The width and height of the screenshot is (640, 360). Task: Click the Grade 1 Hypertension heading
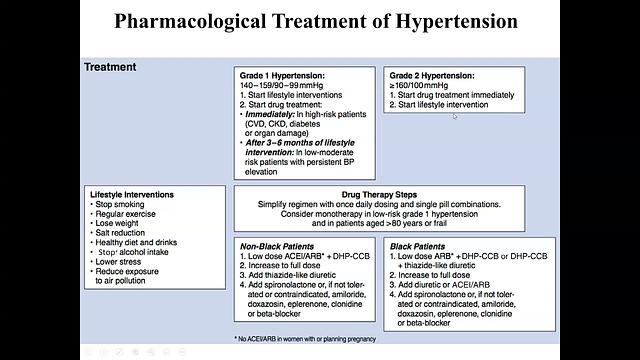point(284,76)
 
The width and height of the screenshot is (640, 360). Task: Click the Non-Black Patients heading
point(278,245)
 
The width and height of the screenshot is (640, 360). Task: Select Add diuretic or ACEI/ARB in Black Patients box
point(452,284)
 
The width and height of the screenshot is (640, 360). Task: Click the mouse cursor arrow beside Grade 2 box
point(455,117)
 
